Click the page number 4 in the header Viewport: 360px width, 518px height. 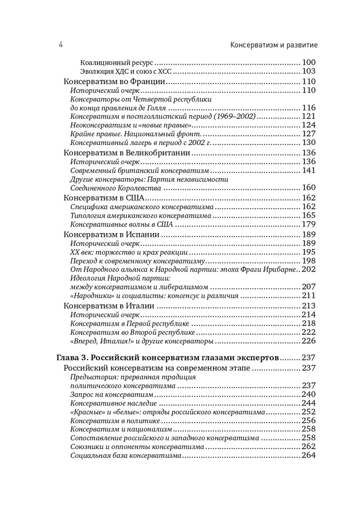tap(61, 45)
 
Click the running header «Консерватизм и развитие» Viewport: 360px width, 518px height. tap(273, 45)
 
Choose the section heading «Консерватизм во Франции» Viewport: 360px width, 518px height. tap(114, 82)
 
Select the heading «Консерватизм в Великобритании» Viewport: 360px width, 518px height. tap(127, 153)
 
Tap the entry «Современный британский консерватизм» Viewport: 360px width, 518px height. tap(139, 170)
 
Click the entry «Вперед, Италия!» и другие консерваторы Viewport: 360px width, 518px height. tap(141, 341)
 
